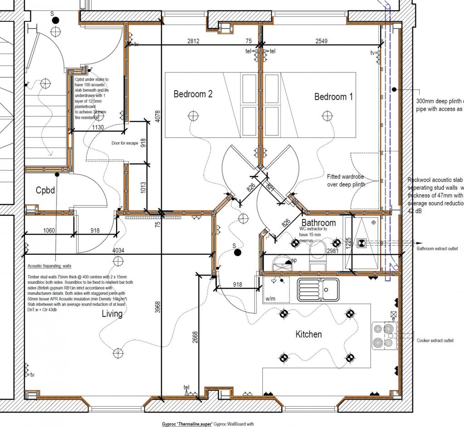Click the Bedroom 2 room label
tap(193, 94)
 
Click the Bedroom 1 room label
tap(333, 97)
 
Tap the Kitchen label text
tap(309, 335)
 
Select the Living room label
tap(112, 314)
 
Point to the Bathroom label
tap(319, 223)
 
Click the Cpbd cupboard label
tap(45, 190)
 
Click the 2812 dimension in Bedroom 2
tap(193, 41)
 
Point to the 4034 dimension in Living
tap(119, 250)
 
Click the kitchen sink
tap(318, 290)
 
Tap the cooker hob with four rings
tap(383, 335)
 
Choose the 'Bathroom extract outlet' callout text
tap(437, 248)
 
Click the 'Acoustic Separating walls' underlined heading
tap(49, 266)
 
